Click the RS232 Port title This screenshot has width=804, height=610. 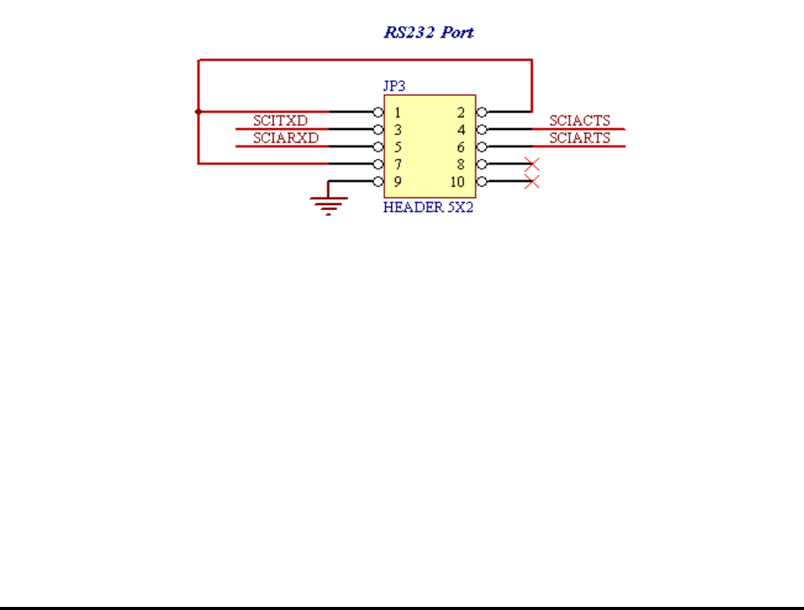(429, 33)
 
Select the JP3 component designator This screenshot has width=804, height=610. (394, 86)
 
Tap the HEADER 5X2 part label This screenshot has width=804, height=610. (428, 207)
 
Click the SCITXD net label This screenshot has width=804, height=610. (281, 121)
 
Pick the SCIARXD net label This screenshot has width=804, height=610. (285, 138)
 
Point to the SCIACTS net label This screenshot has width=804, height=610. (580, 121)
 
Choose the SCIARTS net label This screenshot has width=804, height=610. (580, 138)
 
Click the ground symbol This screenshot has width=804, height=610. (328, 204)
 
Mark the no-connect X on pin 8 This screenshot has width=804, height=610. (531, 164)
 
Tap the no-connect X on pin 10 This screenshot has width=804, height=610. (531, 182)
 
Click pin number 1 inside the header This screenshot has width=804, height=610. (397, 112)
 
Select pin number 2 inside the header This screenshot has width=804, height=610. (461, 112)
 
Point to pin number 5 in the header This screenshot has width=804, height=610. (397, 148)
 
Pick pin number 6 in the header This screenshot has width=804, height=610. (461, 148)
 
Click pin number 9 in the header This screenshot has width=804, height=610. (397, 183)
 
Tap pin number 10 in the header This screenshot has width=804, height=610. (458, 183)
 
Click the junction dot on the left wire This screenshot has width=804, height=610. (198, 111)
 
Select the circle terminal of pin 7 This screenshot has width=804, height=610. (378, 164)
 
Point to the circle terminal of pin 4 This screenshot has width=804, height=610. (482, 129)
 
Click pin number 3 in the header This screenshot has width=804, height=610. (397, 130)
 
